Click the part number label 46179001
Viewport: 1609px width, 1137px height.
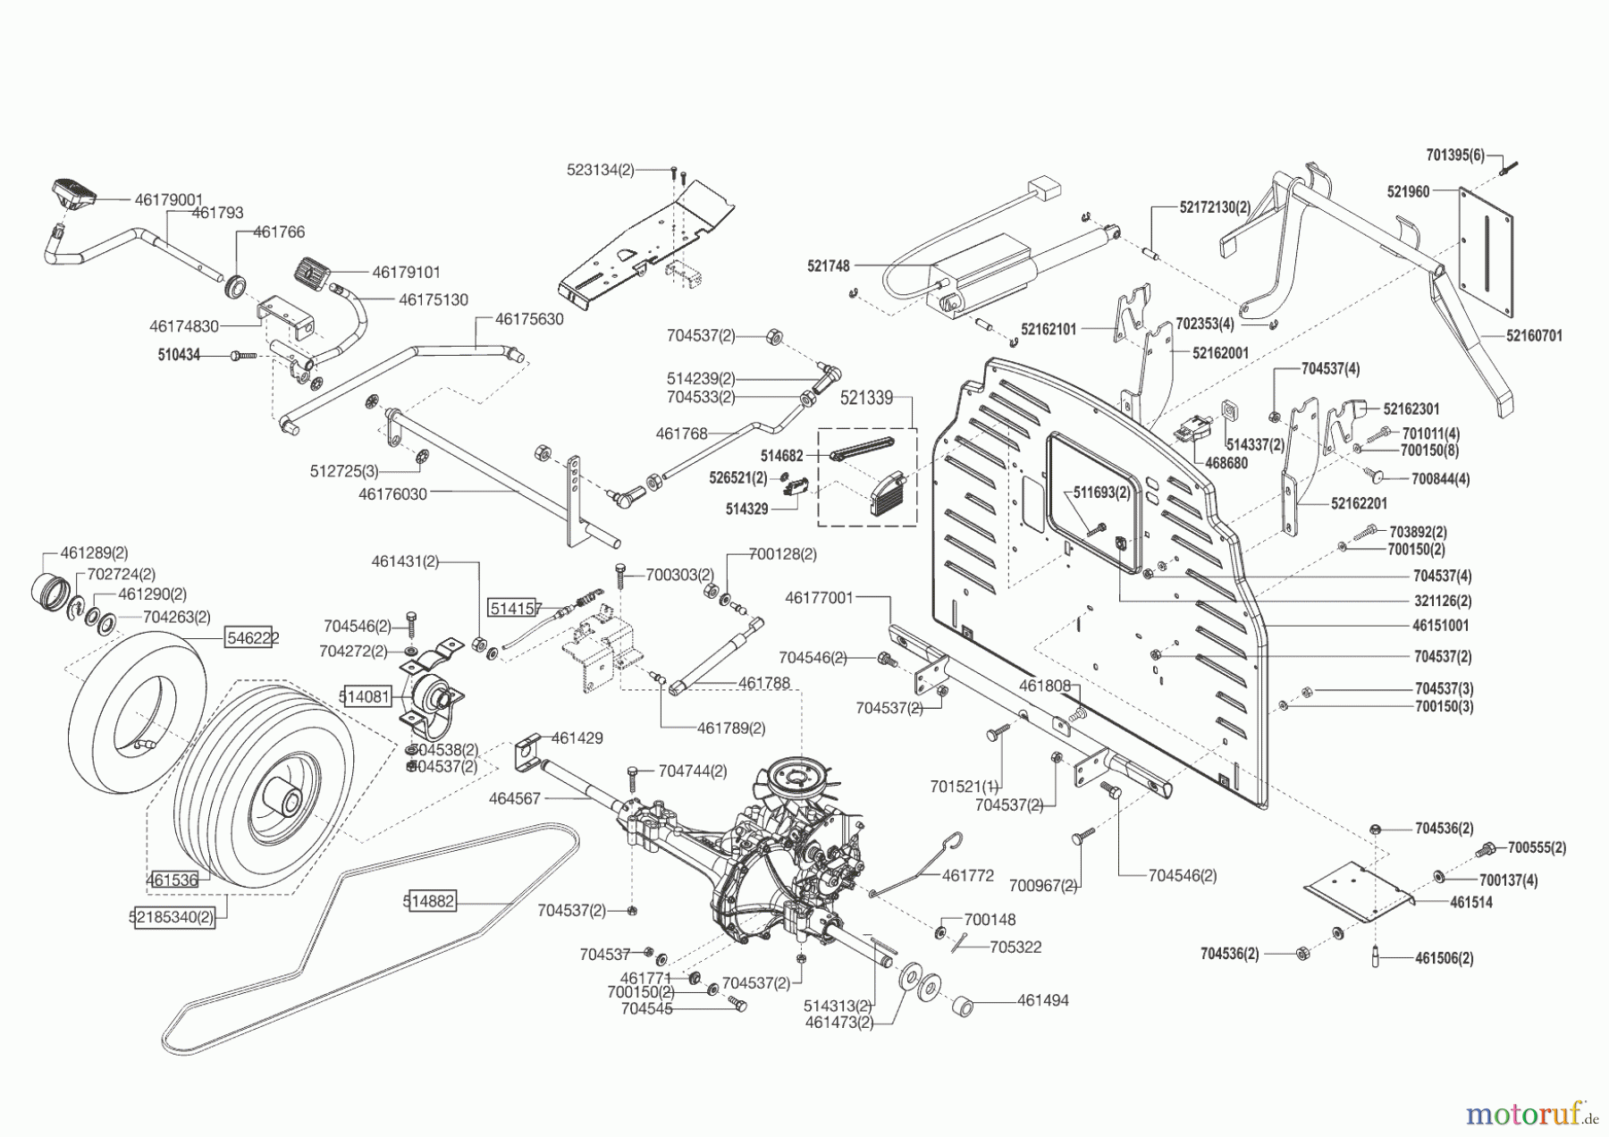click(169, 200)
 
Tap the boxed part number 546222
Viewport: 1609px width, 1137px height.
click(252, 637)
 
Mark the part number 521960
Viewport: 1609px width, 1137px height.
click(1408, 191)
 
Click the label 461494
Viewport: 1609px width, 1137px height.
click(1042, 1001)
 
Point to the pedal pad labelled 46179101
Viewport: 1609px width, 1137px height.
click(314, 270)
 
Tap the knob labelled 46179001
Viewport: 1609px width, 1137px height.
click(73, 192)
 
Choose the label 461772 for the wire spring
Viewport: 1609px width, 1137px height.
click(967, 876)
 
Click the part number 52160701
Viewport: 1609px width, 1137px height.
click(1534, 336)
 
